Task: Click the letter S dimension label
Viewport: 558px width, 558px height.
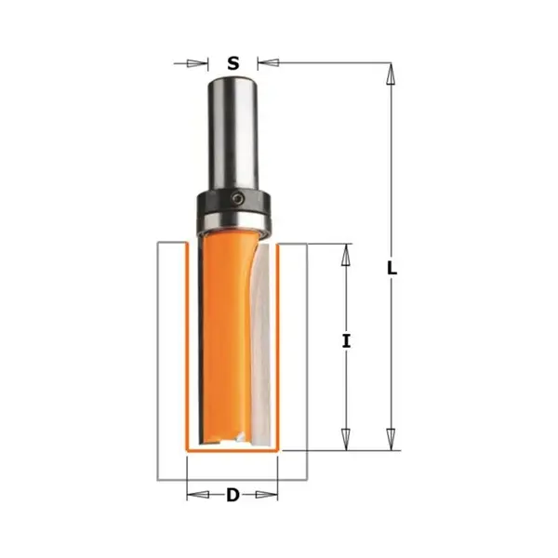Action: coord(233,63)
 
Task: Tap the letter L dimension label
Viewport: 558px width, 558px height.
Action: coord(392,269)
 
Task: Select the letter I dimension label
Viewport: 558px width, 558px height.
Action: coord(346,341)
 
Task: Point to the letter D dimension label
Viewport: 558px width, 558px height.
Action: coord(232,495)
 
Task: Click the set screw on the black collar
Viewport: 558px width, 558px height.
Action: coord(238,199)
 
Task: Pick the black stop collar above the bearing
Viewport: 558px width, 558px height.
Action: coord(233,202)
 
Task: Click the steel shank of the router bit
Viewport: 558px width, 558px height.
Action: coord(233,135)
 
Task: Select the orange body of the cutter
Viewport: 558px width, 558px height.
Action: coord(223,339)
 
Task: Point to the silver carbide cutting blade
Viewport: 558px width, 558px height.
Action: coord(262,345)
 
